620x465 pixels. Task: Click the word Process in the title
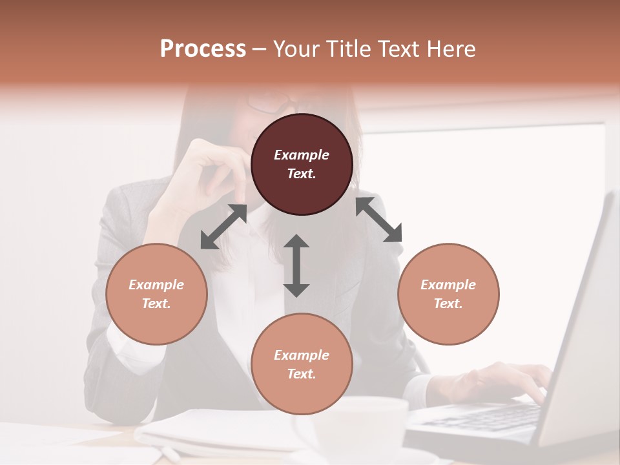(203, 49)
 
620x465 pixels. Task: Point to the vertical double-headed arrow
(296, 265)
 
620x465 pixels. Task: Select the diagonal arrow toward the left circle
(223, 227)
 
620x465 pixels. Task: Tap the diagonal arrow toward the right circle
(378, 220)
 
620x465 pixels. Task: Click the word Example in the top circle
(302, 155)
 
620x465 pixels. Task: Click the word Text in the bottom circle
(302, 374)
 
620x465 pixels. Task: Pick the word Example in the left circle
(156, 285)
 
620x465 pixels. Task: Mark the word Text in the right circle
(448, 304)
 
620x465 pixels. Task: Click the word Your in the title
(294, 49)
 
